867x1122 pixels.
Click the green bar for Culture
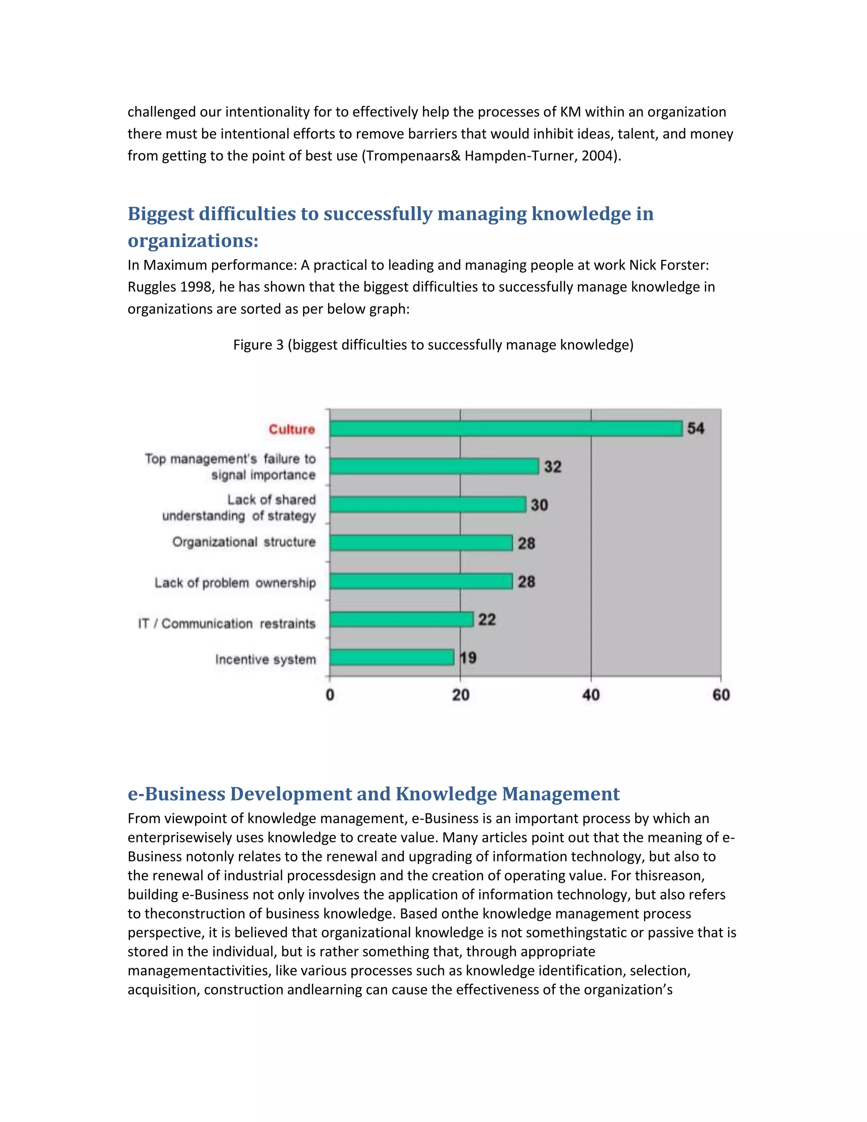tap(506, 428)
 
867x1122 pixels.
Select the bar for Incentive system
tap(392, 657)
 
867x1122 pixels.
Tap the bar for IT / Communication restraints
tap(401, 619)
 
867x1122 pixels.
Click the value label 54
tap(696, 428)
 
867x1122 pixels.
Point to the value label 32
tap(552, 467)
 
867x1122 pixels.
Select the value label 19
tap(468, 658)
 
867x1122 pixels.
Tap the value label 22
tap(487, 619)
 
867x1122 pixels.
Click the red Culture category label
tap(292, 429)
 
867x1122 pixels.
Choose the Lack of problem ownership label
tap(235, 583)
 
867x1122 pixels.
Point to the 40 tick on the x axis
tap(591, 695)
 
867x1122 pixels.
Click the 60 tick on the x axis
tap(721, 695)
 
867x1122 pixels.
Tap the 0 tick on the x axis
tap(330, 695)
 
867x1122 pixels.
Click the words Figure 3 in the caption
tap(258, 345)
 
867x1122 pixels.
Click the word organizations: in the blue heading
tap(193, 240)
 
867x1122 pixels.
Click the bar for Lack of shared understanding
tap(427, 505)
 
